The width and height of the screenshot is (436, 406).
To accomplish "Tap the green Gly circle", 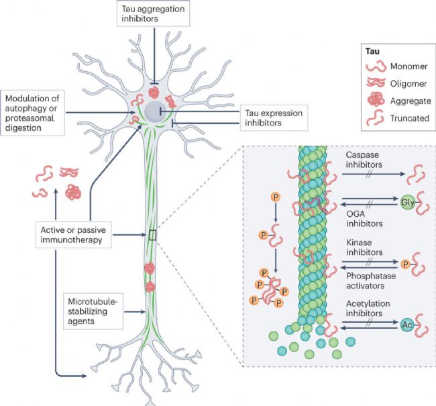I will (407, 202).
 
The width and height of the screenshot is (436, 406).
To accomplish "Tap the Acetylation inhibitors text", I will (366, 309).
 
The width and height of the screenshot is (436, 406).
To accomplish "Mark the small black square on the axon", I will (153, 234).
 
